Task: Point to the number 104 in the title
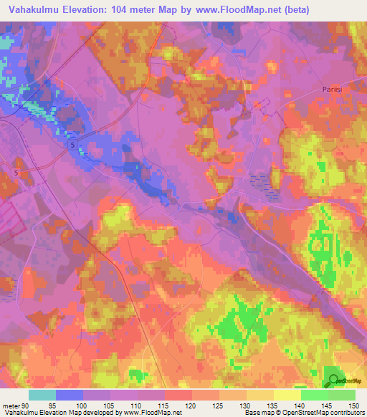click(130, 11)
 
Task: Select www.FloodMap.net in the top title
click(243, 11)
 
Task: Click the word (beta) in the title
click(302, 11)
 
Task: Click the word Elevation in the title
click(87, 11)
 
